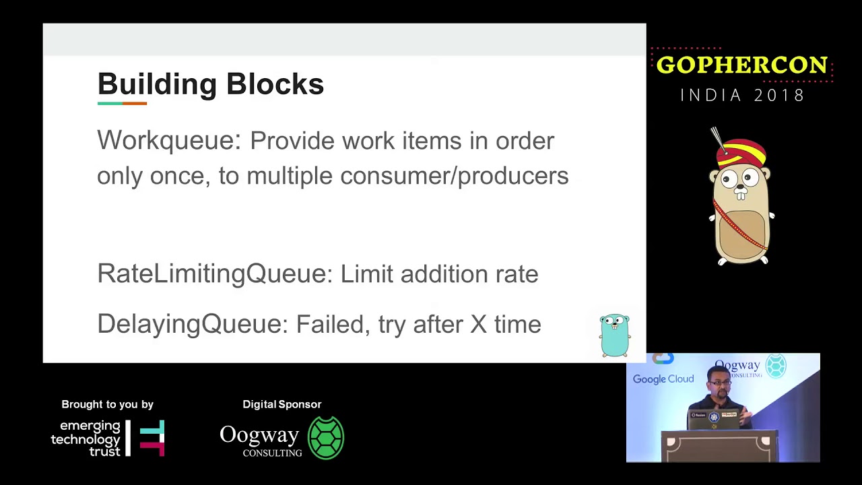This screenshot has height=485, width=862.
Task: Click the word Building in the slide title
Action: click(157, 85)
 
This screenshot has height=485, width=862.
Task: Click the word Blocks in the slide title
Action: click(275, 84)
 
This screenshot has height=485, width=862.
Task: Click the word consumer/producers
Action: click(454, 176)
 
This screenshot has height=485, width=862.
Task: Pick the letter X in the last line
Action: click(478, 324)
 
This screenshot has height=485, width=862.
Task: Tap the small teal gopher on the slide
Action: click(614, 334)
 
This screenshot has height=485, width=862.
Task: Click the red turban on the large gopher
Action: click(741, 152)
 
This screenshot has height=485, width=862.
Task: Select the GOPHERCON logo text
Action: click(741, 65)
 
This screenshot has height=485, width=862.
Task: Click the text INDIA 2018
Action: click(742, 95)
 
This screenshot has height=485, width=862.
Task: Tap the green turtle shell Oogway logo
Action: click(326, 438)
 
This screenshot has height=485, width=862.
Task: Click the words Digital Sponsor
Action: click(281, 404)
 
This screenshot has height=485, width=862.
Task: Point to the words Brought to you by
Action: click(107, 404)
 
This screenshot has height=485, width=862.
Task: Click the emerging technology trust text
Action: click(86, 439)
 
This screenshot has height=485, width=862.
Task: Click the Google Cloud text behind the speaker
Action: click(663, 379)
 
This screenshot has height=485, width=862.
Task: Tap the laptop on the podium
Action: click(715, 419)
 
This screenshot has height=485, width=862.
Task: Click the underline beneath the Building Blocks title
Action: click(122, 103)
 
